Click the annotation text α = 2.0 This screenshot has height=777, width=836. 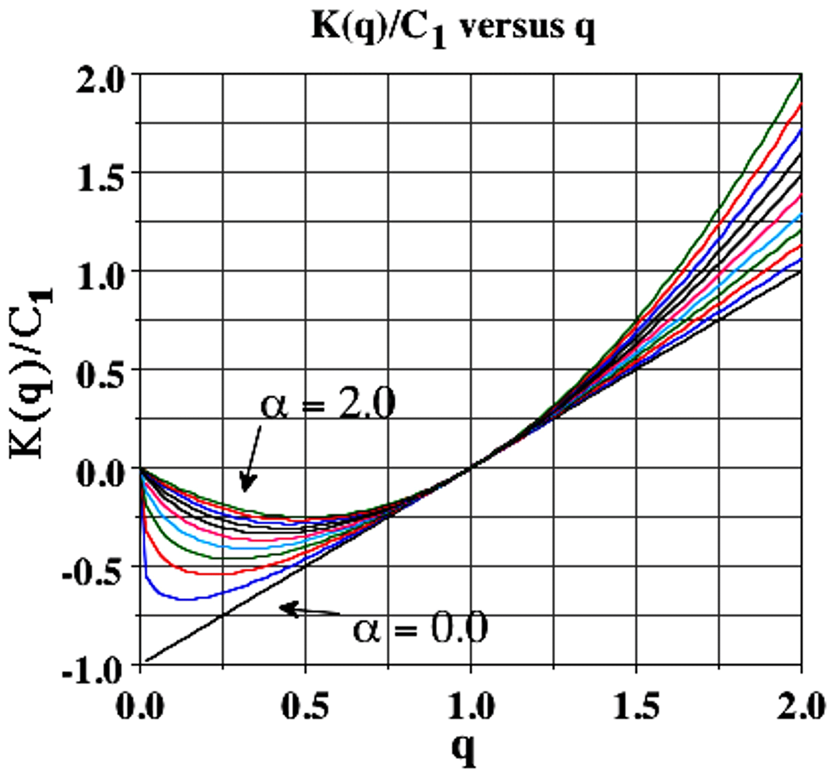click(328, 403)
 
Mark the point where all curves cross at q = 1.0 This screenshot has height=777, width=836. click(471, 468)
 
